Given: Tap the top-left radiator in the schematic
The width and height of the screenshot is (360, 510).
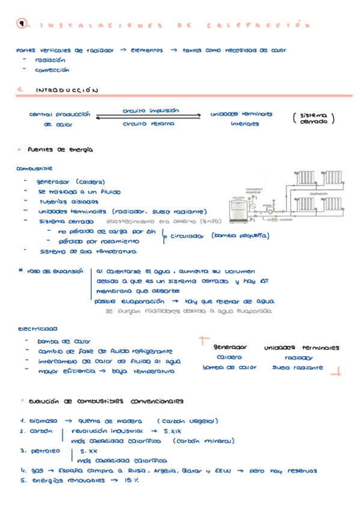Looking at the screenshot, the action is point(305,177).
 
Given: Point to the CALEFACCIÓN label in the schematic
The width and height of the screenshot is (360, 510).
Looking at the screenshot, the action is point(318,194).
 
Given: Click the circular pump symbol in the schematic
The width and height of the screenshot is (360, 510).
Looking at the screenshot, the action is point(270,210).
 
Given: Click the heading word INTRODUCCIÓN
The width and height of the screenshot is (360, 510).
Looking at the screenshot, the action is point(66,90).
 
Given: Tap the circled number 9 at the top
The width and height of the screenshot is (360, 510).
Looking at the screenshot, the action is point(22,25).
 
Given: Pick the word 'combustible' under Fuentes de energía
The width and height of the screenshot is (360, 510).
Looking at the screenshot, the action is point(35,169).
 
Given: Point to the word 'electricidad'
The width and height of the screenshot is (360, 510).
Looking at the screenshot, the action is point(37,329).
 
